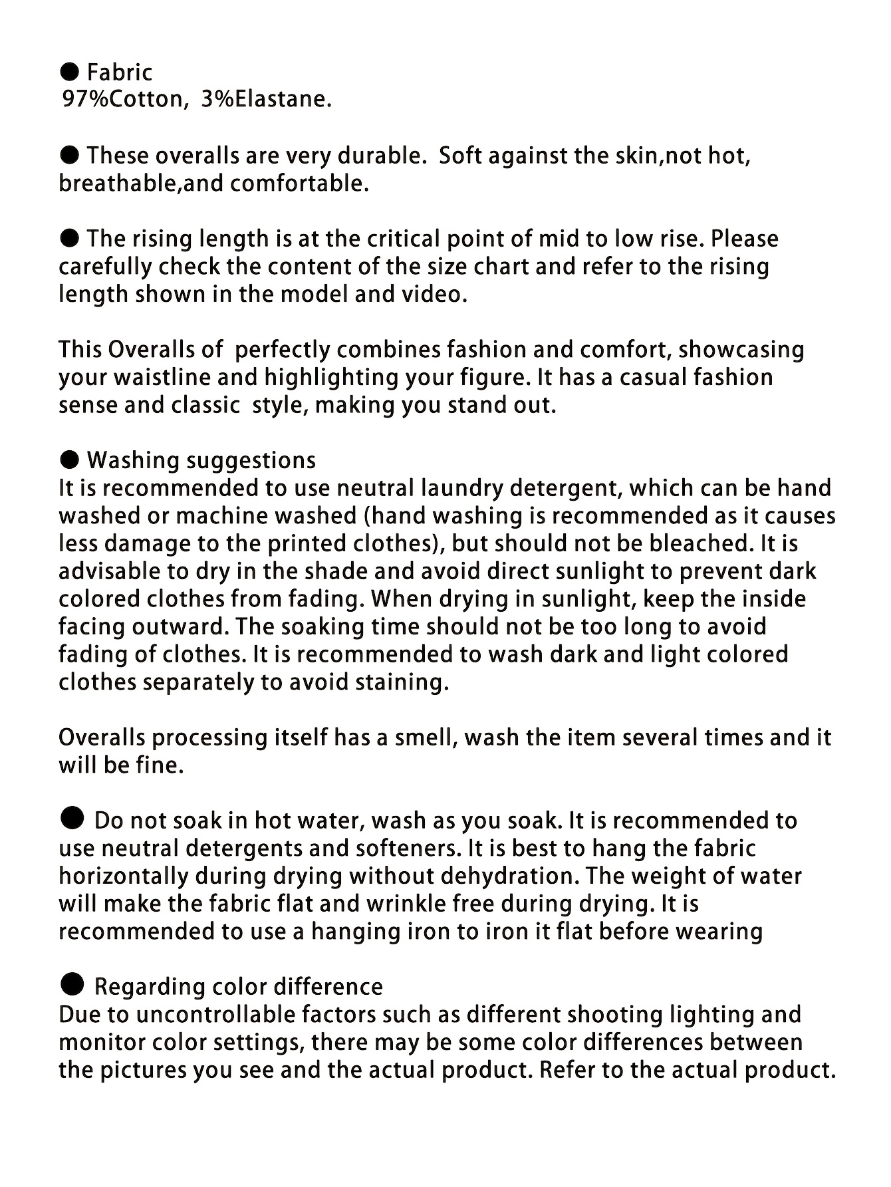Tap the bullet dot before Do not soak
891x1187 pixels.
tap(71, 819)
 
